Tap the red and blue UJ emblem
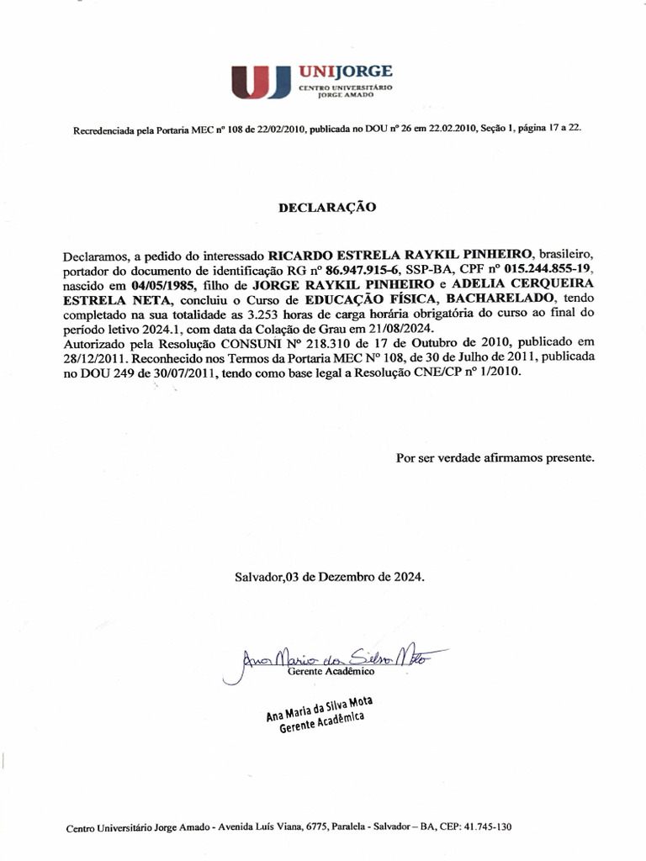tap(260, 81)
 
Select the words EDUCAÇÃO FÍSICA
tap(377, 298)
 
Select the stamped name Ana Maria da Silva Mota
tap(320, 707)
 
